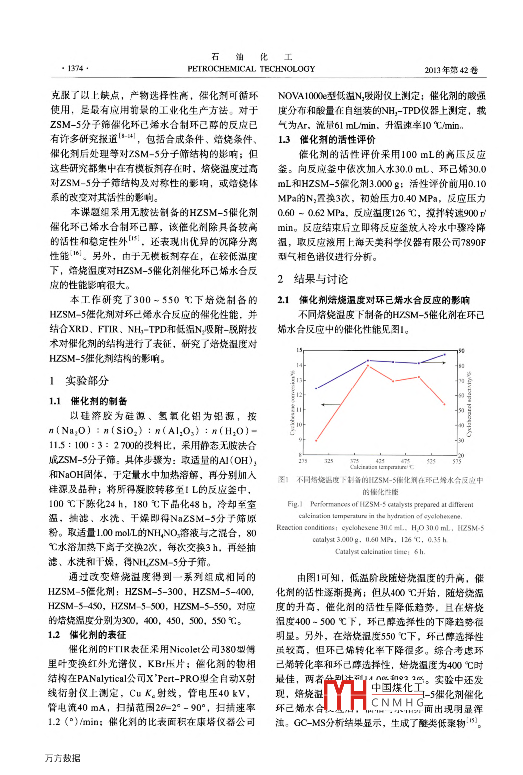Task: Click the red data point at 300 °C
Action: (316, 440)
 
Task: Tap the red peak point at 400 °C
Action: (368, 366)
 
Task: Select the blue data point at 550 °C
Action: (445, 354)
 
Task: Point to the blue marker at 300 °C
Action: (316, 388)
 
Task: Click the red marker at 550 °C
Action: (445, 404)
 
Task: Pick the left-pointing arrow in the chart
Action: (330, 405)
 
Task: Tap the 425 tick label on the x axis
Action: (380, 461)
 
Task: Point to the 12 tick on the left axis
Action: (299, 395)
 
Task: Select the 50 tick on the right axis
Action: (461, 410)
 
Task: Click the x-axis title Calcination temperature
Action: (382, 467)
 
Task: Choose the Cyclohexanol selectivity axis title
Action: (469, 403)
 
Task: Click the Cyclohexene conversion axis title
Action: (292, 402)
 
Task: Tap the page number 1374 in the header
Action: (75, 68)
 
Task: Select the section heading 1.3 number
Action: (284, 140)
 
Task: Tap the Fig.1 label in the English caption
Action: (295, 504)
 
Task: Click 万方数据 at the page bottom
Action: (63, 758)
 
